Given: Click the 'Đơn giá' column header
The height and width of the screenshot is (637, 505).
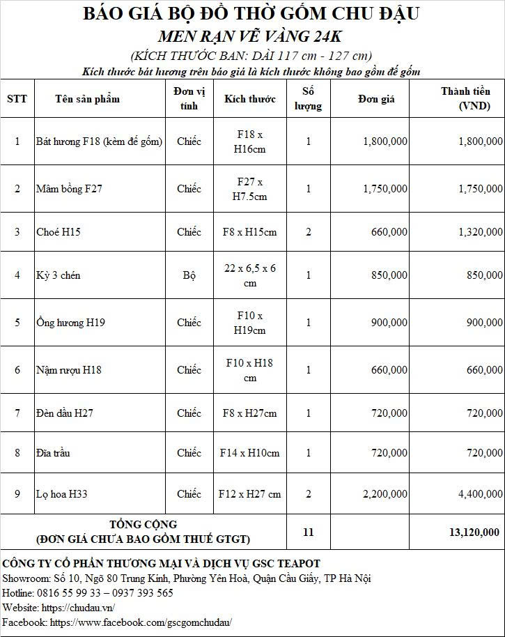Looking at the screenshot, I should pos(376,99).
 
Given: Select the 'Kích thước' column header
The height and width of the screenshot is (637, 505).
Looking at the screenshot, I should pos(249,99).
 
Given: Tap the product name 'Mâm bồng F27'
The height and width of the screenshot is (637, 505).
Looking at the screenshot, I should pos(69,189).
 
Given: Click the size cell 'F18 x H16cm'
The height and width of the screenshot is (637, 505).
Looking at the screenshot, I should pos(249,141).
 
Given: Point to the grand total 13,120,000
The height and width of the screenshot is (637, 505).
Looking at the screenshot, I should pos(474,532).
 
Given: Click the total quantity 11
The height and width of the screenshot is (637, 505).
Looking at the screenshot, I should pos(308,532).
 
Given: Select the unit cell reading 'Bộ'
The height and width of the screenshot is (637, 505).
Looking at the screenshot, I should pos(189,275).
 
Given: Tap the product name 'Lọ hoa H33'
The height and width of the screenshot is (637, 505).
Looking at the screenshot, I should pos(61,494).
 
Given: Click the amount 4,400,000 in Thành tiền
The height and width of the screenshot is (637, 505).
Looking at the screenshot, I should pos(480,494).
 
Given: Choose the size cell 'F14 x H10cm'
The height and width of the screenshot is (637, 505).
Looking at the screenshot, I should pos(249,453).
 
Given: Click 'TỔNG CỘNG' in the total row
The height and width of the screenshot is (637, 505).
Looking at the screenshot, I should pos(143,524).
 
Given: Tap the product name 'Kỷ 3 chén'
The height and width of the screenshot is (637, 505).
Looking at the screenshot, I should pos(58,275).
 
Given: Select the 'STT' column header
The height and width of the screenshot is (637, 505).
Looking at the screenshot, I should pos(17,99).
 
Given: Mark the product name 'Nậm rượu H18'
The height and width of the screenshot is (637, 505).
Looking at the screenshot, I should pos(68,370).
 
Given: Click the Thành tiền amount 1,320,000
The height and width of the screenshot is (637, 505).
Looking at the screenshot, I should pos(480,232).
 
